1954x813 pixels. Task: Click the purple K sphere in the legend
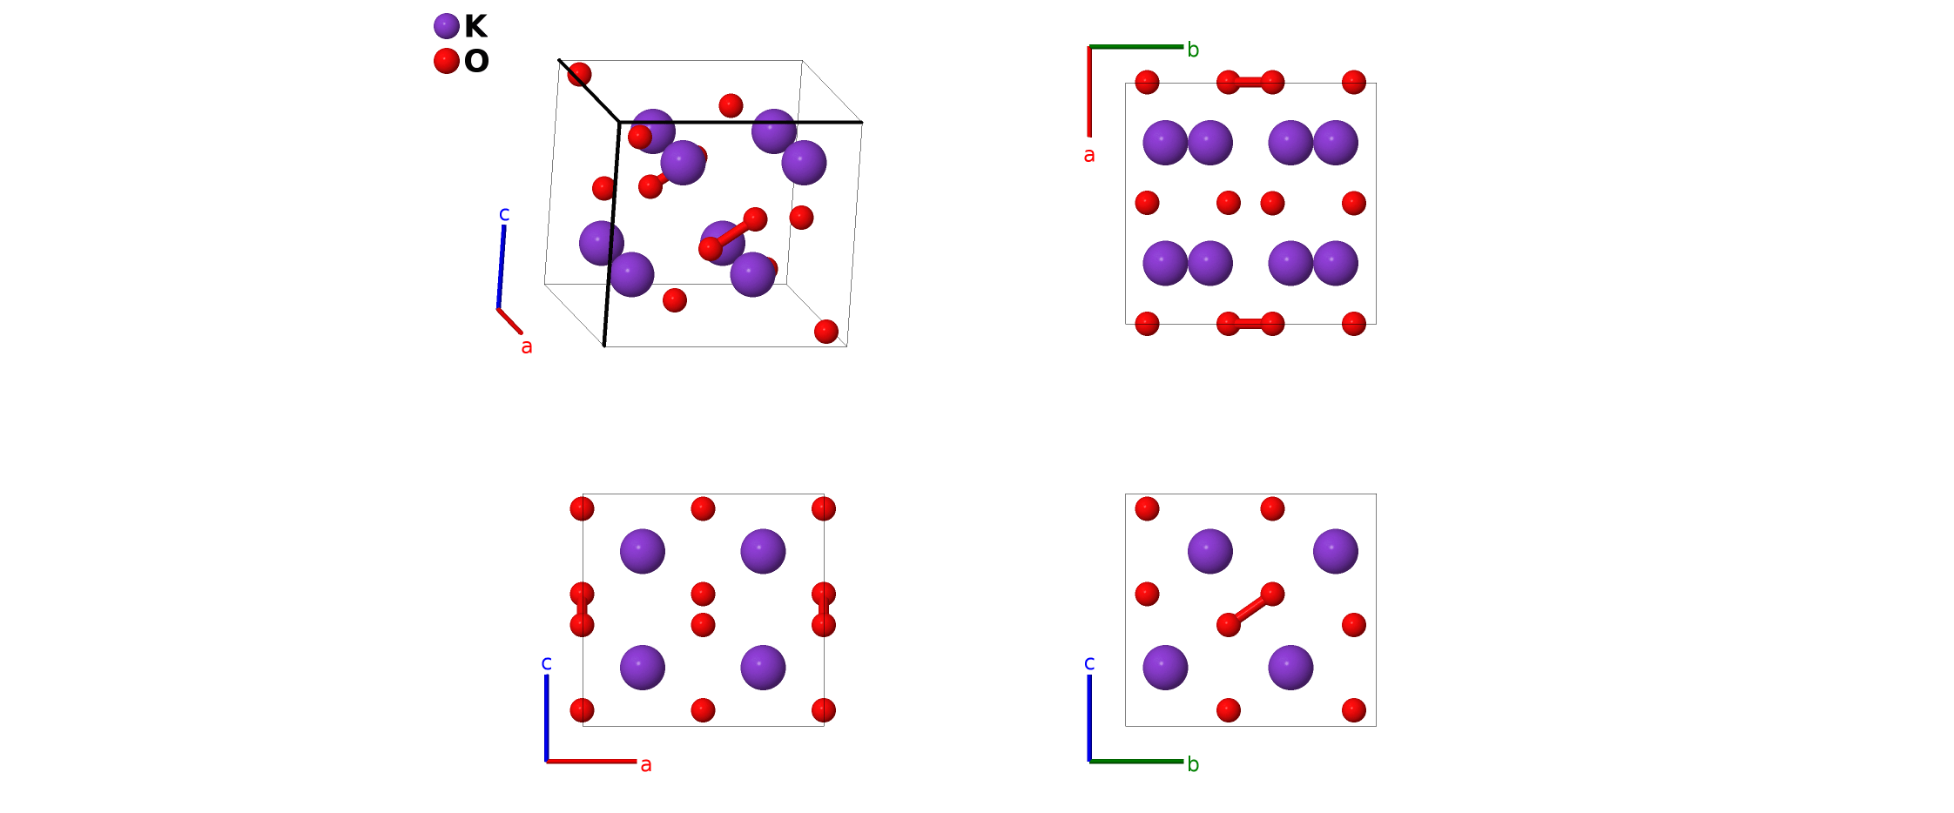pyautogui.click(x=446, y=26)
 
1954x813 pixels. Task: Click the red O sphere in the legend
pyautogui.click(x=446, y=61)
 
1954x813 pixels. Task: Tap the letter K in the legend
pyautogui.click(x=475, y=27)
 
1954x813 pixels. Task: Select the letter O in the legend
pyautogui.click(x=476, y=62)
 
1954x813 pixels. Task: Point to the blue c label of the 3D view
pyautogui.click(x=504, y=214)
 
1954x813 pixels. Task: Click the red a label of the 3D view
pyautogui.click(x=526, y=347)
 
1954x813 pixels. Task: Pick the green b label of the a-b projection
pyautogui.click(x=1193, y=51)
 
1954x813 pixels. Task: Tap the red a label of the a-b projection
pyautogui.click(x=1088, y=156)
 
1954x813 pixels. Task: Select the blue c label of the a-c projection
pyautogui.click(x=546, y=664)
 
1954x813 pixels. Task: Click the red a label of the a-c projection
pyautogui.click(x=645, y=765)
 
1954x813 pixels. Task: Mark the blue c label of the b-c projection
pyautogui.click(x=1089, y=664)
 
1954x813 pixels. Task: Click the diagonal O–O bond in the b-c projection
pyautogui.click(x=1250, y=609)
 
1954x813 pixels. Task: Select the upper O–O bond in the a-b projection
pyautogui.click(x=1250, y=83)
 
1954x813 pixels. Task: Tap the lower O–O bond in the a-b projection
pyautogui.click(x=1250, y=324)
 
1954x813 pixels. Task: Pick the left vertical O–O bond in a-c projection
pyautogui.click(x=582, y=609)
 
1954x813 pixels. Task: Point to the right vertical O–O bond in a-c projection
pyautogui.click(x=824, y=609)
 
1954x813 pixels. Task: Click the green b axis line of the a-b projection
pyautogui.click(x=1135, y=47)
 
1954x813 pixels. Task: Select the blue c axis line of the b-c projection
pyautogui.click(x=1089, y=717)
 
